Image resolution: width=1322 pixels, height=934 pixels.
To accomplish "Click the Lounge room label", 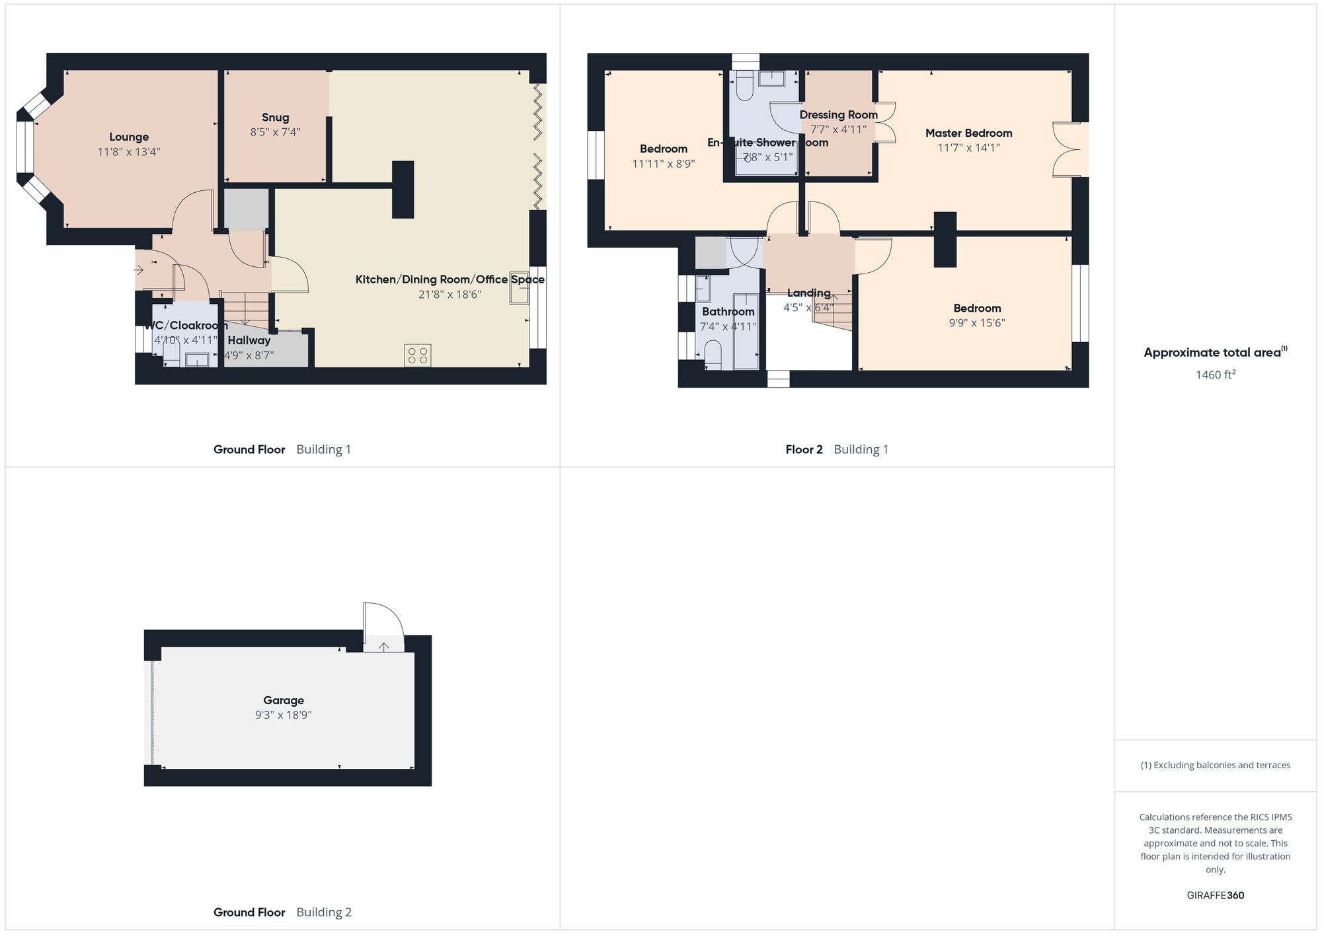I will tap(129, 137).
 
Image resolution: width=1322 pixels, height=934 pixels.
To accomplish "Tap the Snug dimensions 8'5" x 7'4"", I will tap(275, 132).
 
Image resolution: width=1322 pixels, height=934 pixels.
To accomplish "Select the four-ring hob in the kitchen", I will tap(418, 355).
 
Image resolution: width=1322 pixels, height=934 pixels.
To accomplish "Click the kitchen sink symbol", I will tap(519, 291).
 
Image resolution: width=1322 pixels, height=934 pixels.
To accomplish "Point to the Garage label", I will tap(284, 700).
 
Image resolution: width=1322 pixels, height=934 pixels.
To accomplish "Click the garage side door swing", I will tap(383, 621).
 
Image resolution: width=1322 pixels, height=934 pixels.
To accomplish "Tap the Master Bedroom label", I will tap(968, 133).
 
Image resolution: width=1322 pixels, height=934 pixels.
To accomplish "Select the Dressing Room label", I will tap(838, 114).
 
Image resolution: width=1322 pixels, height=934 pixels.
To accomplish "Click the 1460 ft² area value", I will tap(1215, 375).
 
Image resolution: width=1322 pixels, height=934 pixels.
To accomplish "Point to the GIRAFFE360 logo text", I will tap(1215, 896).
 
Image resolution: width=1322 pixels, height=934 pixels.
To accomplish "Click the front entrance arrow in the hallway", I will tap(139, 269).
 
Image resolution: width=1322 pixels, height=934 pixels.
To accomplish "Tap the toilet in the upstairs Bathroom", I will tap(713, 354).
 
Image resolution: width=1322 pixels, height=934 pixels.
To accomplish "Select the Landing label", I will tap(808, 293).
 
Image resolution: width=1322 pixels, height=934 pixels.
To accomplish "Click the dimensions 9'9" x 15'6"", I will tap(977, 323).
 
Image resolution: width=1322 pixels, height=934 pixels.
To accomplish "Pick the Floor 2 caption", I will tap(804, 450).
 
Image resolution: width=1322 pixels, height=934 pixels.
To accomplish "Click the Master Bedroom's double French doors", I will tap(1066, 149).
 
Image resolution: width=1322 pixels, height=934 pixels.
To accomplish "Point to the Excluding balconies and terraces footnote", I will tap(1215, 765).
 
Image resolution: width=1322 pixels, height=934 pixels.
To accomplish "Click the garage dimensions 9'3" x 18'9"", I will tap(284, 715).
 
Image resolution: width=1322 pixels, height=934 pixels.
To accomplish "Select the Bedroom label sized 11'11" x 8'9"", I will tap(663, 149).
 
